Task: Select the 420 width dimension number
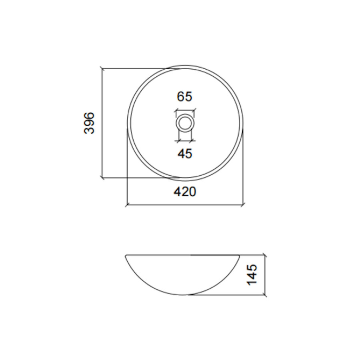coord(185,192)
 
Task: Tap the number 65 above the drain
coord(185,97)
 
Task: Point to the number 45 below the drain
coord(185,153)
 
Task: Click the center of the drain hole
coord(185,123)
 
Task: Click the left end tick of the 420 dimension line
coord(127,206)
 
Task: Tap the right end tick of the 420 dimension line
coord(242,206)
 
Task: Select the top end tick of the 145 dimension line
coord(264,254)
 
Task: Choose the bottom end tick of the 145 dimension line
coord(264,295)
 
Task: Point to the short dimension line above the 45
coord(185,140)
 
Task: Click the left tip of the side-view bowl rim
coord(126,255)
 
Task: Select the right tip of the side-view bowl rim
coord(239,255)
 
